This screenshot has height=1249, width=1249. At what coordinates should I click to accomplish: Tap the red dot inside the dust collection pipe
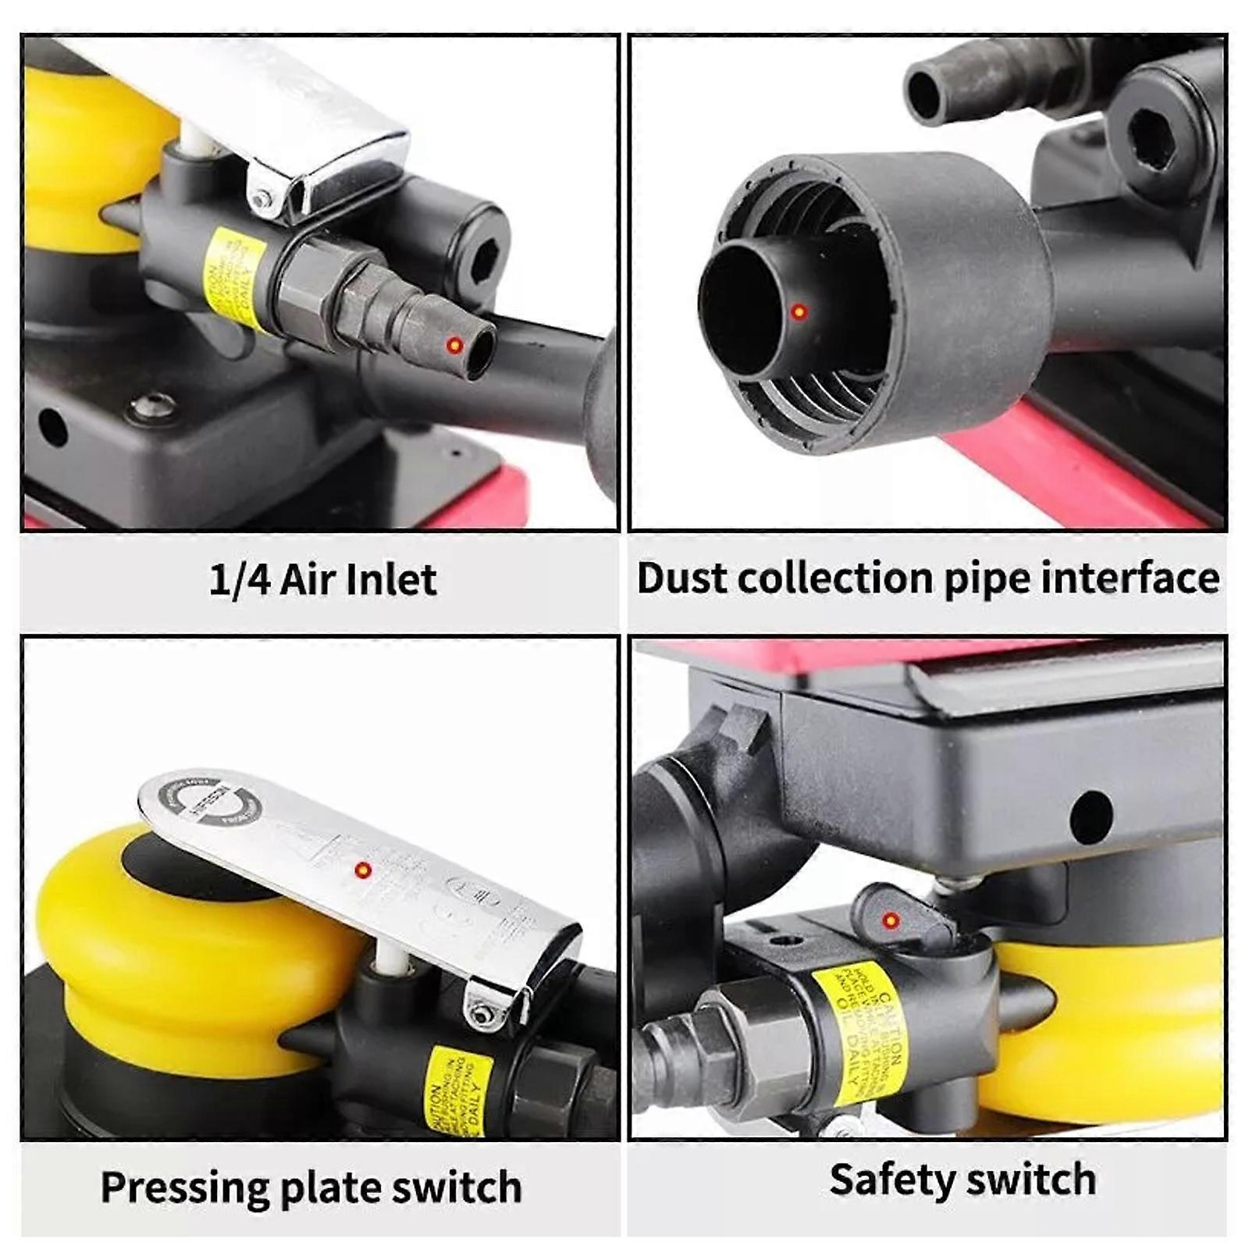799,311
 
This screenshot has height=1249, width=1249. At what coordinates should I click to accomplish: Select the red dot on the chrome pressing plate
362,870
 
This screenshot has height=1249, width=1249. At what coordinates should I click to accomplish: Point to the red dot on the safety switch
890,921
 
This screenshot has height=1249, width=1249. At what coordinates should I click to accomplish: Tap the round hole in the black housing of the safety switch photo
1091,817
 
